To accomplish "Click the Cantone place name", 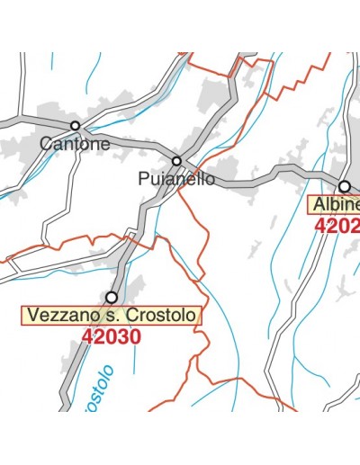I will coord(76,143).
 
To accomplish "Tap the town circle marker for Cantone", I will coord(75,126).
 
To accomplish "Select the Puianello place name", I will coord(177,178).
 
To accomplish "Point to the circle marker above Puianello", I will coord(177,162).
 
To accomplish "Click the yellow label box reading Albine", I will coord(335,204).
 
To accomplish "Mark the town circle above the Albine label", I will coord(344,186).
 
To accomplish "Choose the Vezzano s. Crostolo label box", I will coord(112,316).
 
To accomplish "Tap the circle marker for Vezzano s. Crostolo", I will coord(112,297).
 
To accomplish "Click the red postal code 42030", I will coord(111,336).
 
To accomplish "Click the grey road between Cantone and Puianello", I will coord(126,142).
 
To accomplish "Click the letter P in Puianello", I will coord(145,178).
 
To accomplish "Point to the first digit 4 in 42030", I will coord(87,336).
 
